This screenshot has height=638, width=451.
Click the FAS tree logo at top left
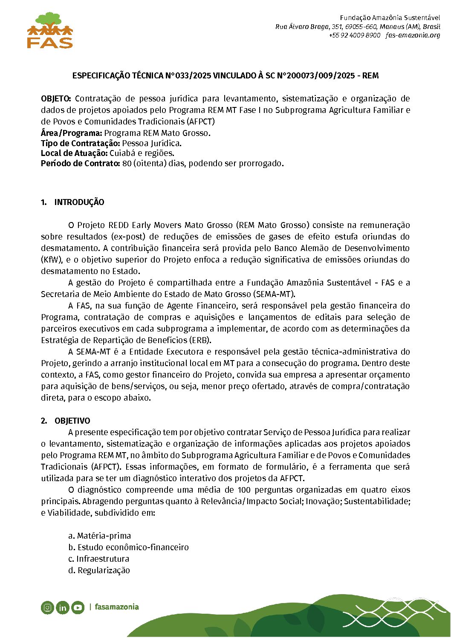point(50,30)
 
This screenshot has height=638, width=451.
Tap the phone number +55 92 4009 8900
point(354,35)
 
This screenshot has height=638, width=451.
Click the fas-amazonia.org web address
point(413,35)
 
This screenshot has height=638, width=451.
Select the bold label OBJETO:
point(56,99)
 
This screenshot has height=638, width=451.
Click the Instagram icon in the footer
point(48,607)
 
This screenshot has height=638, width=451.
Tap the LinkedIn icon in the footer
point(63,607)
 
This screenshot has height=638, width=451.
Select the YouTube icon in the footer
point(78,607)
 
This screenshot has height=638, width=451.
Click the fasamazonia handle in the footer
point(116,607)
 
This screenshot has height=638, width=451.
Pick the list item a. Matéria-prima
point(100,536)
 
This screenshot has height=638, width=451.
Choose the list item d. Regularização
point(99,571)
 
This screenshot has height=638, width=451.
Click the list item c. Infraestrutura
point(98,559)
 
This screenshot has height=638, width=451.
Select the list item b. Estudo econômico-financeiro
point(128,548)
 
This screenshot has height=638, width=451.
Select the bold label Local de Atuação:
point(74,153)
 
